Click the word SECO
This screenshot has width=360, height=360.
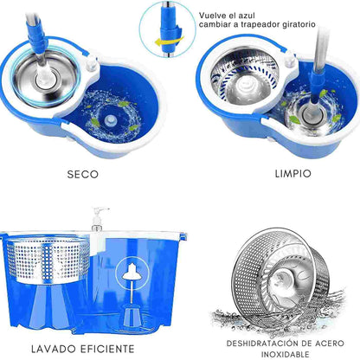[83, 175]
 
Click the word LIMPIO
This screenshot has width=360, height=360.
[293, 174]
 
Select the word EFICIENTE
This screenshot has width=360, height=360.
[107, 349]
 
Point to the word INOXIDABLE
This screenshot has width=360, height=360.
[286, 354]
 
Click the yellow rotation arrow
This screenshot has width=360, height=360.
[170, 42]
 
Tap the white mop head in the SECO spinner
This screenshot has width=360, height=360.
[45, 80]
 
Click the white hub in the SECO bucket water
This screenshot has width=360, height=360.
[110, 119]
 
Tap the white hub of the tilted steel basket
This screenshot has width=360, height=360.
[283, 279]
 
